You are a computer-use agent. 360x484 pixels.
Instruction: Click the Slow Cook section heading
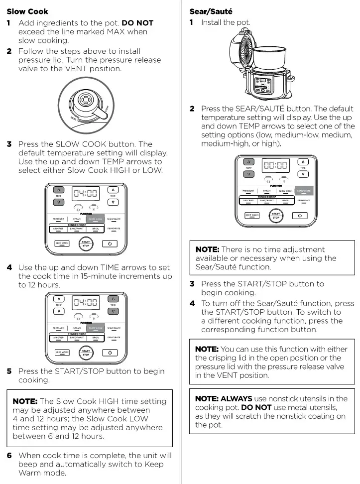pos(27,11)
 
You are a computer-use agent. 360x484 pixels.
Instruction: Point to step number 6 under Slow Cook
pos(9,455)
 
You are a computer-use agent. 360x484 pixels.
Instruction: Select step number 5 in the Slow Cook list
pos(9,371)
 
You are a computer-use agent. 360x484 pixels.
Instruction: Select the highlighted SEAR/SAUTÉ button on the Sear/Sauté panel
pos(303,191)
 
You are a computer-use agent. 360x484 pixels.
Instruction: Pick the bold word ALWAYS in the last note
pos(237,398)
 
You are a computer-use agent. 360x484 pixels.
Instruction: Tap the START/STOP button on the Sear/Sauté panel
pos(275,216)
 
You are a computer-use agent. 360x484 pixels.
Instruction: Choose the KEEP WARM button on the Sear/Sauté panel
pos(252,216)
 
